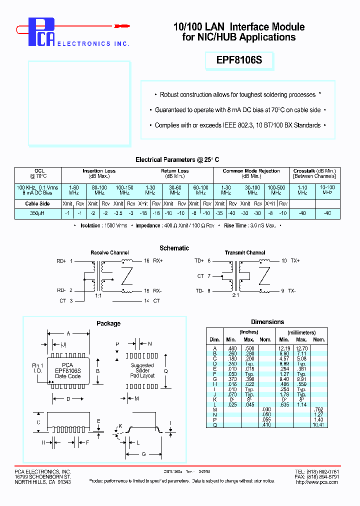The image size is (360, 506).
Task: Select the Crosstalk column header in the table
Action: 314,173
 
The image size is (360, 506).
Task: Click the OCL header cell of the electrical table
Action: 39,173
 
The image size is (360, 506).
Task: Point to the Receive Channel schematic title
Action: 109,253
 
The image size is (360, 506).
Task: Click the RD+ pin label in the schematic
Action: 61,261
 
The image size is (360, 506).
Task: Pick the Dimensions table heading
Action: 267,322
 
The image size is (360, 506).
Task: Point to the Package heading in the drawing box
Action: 108,323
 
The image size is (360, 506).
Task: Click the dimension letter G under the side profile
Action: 144,454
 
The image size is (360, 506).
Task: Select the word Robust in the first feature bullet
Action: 171,94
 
